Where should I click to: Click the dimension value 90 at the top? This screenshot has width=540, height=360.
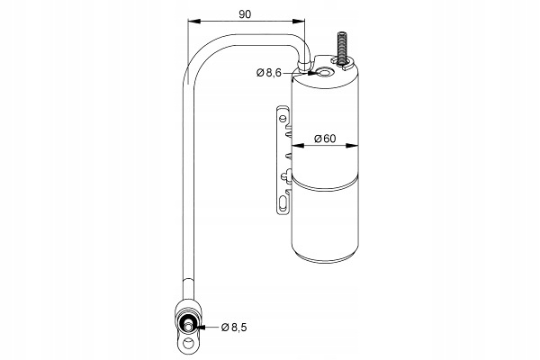(x=245, y=14)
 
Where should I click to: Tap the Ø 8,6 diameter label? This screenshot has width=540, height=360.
(x=269, y=73)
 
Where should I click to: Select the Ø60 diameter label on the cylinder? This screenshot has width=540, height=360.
(x=325, y=139)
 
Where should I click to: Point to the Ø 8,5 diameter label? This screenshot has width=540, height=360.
(x=234, y=327)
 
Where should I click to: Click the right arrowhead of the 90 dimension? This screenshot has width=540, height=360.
(x=299, y=22)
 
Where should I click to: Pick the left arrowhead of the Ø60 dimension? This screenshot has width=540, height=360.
(x=298, y=146)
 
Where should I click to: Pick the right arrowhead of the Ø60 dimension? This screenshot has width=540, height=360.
(x=352, y=146)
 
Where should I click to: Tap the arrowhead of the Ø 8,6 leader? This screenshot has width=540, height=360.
(x=311, y=73)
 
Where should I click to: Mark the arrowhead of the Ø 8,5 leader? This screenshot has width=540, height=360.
(x=201, y=327)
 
